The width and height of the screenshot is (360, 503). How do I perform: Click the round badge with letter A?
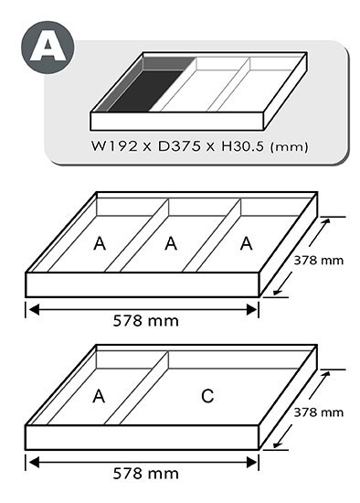coord(48,48)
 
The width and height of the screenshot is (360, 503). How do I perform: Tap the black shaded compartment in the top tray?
coord(146,91)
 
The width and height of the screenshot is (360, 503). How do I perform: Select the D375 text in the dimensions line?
coord(179,146)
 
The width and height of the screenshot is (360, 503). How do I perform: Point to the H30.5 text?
coord(243,146)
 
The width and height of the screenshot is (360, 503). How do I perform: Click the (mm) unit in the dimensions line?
coord(289,147)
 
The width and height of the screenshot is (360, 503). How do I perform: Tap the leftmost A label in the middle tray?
coord(100,244)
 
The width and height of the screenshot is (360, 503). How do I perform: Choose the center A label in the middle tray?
coord(171,243)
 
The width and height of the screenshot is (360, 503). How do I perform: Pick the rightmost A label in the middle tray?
coord(246,243)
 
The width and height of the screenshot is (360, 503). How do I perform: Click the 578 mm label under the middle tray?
coord(146,321)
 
